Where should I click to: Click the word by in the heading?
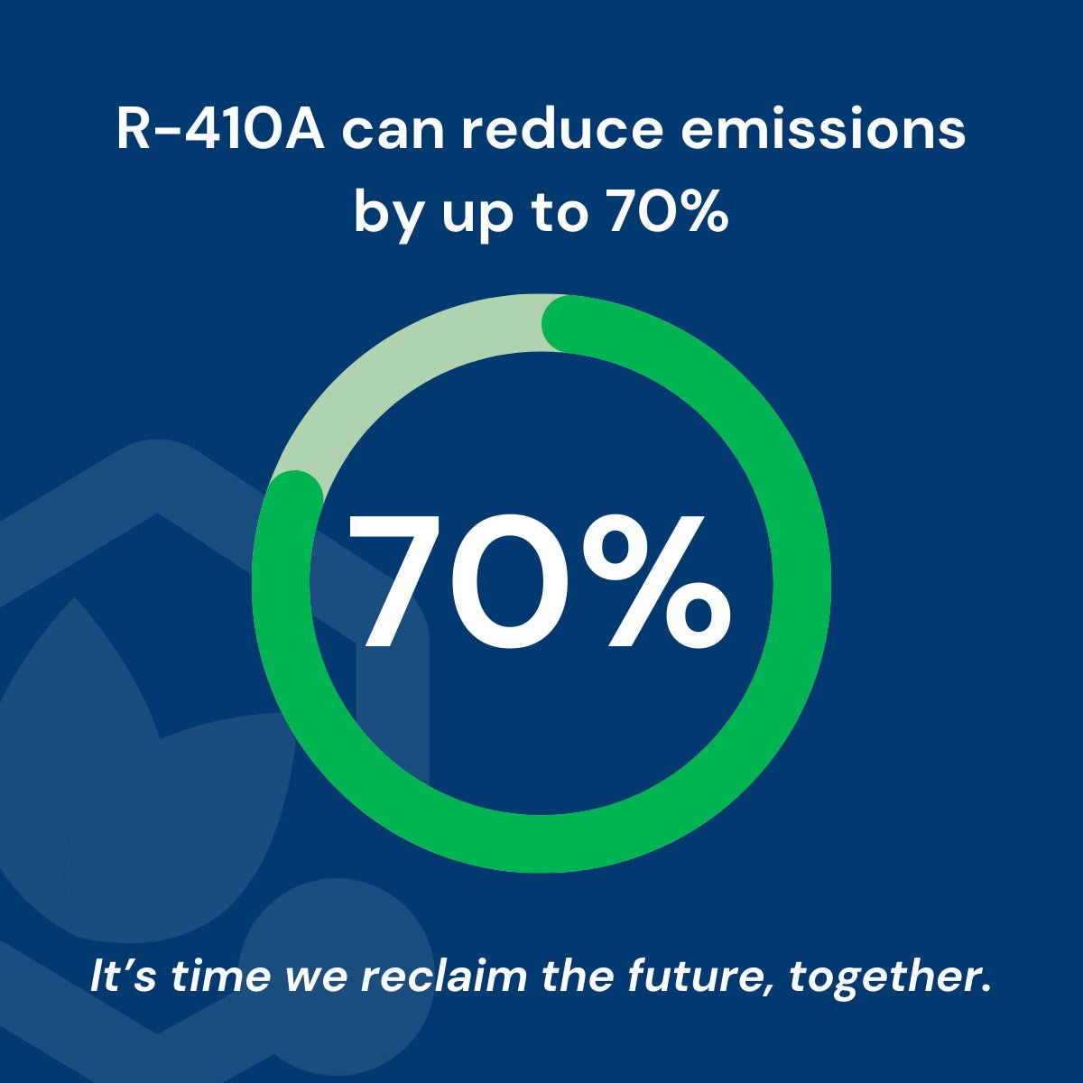pos(386,213)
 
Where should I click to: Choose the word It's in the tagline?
pos(122,977)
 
